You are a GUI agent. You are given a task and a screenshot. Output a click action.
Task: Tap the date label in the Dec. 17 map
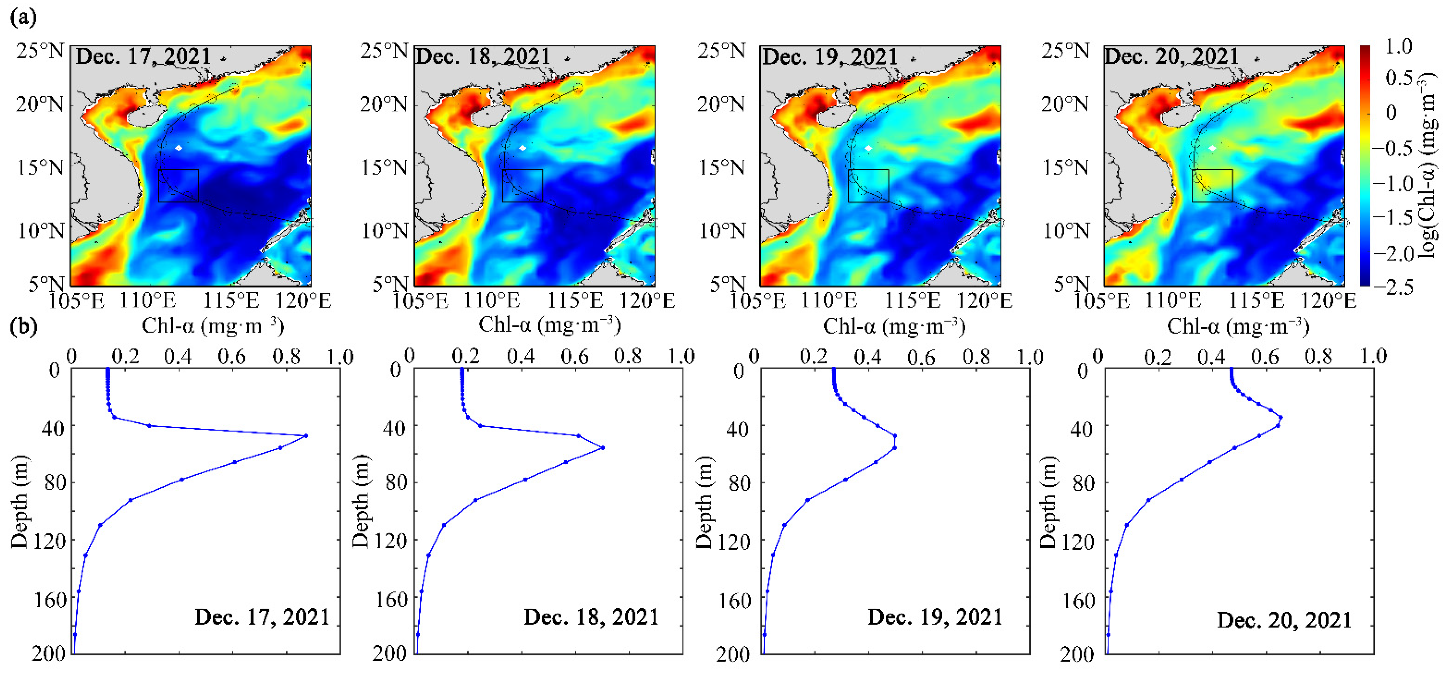pyautogui.click(x=143, y=56)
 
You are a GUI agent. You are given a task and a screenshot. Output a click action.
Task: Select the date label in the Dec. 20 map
pyautogui.click(x=1171, y=56)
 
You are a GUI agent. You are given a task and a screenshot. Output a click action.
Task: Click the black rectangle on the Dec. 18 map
pyautogui.click(x=522, y=185)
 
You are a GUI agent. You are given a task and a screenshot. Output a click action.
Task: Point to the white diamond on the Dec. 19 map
pyautogui.click(x=868, y=148)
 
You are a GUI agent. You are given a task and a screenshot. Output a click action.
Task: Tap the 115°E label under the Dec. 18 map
pyautogui.click(x=575, y=301)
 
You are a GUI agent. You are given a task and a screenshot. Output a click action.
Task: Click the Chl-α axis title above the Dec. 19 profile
pyautogui.click(x=894, y=326)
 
